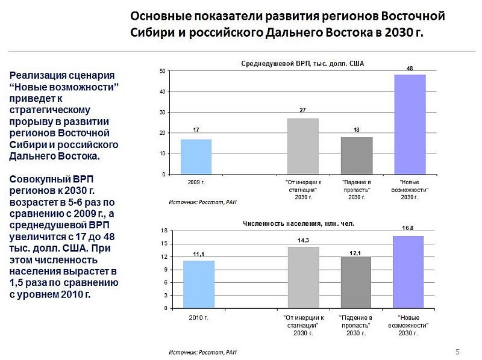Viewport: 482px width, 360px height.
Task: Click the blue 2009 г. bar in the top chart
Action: pos(196,157)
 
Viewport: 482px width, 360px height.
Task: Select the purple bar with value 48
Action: pos(410,125)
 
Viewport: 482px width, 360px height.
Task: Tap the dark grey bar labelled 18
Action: pos(357,155)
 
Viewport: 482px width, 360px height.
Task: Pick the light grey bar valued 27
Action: pos(303,146)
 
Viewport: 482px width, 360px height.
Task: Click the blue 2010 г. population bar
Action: pos(199,284)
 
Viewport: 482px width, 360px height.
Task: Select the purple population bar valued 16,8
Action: pos(408,272)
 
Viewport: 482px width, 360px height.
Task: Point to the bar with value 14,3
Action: pos(304,278)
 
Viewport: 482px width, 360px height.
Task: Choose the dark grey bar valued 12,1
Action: pos(356,282)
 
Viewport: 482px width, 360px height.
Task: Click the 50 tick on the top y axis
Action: pos(162,71)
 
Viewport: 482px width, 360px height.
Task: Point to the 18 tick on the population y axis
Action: pos(163,231)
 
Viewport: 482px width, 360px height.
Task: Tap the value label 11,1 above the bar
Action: pos(198,255)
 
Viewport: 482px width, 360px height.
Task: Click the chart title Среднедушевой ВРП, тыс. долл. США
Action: pos(303,63)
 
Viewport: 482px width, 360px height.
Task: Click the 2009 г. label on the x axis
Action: pos(197,181)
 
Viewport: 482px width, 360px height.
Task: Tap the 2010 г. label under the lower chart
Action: pos(199,317)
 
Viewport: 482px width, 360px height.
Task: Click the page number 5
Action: pos(457,352)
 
